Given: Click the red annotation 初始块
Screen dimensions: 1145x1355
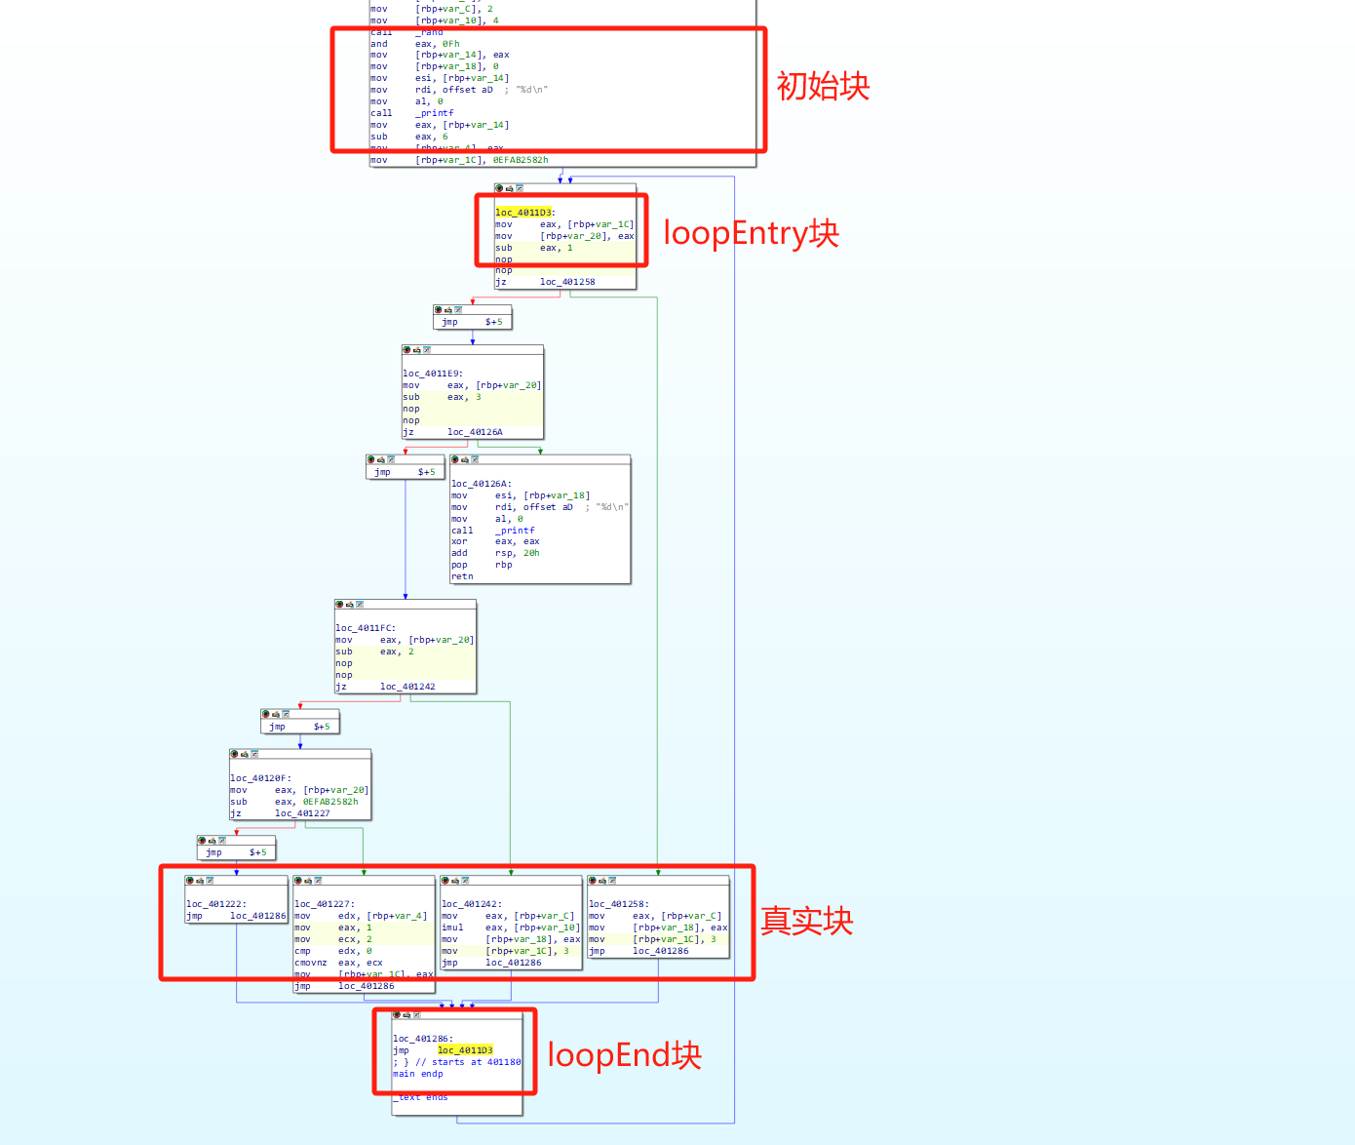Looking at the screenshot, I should point(823,86).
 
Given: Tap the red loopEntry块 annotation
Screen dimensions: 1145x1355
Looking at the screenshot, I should point(751,233).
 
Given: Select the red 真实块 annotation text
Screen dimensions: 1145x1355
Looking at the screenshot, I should point(806,921).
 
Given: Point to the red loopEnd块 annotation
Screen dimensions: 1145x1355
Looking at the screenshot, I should point(624,1054).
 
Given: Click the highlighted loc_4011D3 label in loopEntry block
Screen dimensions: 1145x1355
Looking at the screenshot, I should point(523,212).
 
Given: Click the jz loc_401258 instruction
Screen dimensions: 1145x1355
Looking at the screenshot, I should point(545,282).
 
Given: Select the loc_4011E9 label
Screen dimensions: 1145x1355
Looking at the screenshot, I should point(432,373).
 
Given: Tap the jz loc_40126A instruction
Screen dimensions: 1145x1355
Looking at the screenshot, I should point(452,432).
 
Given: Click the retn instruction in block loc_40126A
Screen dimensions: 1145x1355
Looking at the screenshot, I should point(462,576).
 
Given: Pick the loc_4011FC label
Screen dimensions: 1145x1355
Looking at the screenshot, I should point(365,628).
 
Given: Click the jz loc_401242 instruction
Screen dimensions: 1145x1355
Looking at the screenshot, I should point(385,687).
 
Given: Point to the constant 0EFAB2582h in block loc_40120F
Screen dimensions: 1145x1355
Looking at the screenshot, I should point(329,802).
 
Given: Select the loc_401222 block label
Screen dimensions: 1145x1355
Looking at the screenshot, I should point(215,904).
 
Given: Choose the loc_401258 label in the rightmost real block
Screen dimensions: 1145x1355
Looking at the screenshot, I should point(618,904).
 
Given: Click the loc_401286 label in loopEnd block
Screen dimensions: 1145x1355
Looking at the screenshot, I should point(421,1039).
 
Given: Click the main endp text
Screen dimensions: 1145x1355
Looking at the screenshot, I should point(418,1074).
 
